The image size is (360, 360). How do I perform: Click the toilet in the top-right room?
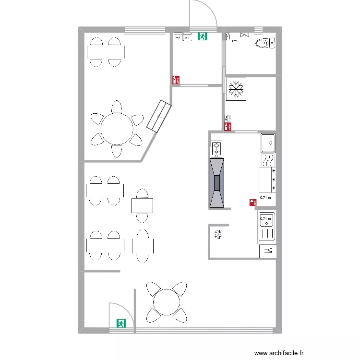[264, 43]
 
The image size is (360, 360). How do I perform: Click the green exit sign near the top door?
[202, 36]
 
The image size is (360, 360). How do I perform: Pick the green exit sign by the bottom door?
[120, 324]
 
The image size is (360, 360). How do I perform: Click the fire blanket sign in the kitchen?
[252, 203]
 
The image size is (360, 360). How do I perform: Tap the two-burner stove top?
[216, 149]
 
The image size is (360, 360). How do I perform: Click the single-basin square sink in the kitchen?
[268, 143]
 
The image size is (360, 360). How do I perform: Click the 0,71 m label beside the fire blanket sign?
[265, 197]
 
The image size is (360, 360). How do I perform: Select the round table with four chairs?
[166, 301]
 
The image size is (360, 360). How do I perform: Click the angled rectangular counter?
[159, 116]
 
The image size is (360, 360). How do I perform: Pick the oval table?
[143, 246]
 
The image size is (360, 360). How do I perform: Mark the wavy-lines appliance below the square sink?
[268, 159]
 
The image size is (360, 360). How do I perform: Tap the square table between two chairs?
[143, 205]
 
